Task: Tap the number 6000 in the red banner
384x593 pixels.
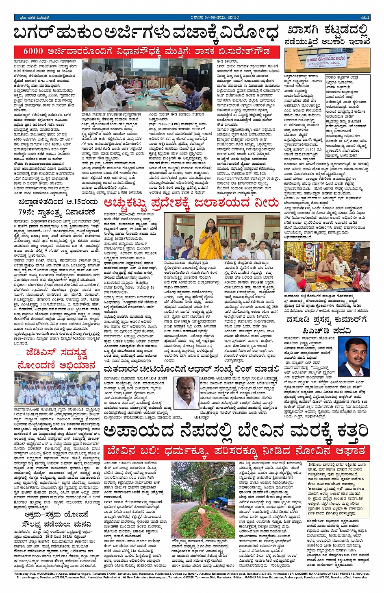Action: (33, 52)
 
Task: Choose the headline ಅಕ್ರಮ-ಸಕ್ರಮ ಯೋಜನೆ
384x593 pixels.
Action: (57, 515)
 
